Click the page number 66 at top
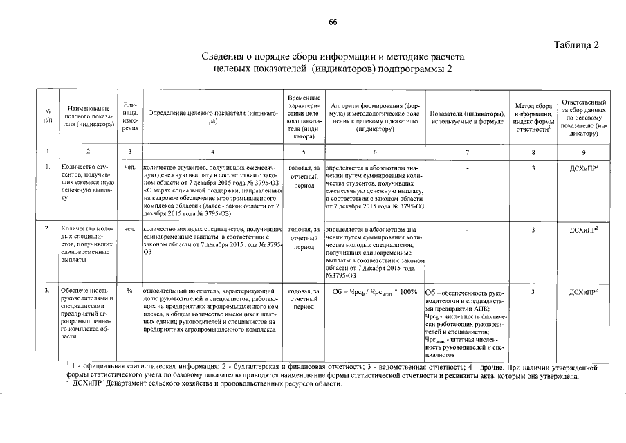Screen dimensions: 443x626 click(x=332, y=23)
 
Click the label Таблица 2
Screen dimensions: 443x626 click(x=576, y=46)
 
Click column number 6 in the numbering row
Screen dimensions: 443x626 click(x=374, y=152)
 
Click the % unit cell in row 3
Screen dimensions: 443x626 click(x=129, y=291)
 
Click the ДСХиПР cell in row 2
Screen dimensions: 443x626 click(x=584, y=228)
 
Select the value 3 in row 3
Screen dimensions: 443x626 click(x=533, y=291)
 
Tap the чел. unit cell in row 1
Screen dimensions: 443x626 click(x=129, y=168)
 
